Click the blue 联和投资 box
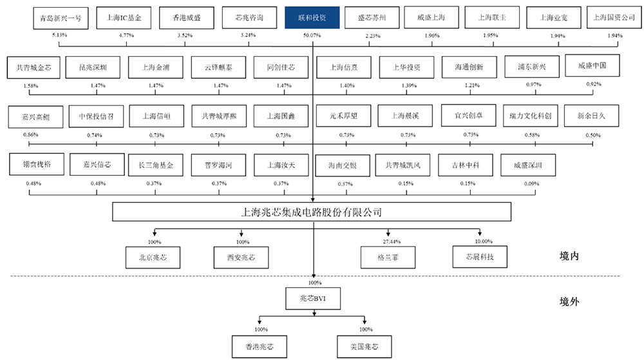pos(313,18)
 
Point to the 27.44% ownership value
pos(391,241)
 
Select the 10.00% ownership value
pos(483,241)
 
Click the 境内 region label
pos(571,256)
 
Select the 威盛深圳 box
pos(523,166)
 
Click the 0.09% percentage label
pos(532,184)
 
